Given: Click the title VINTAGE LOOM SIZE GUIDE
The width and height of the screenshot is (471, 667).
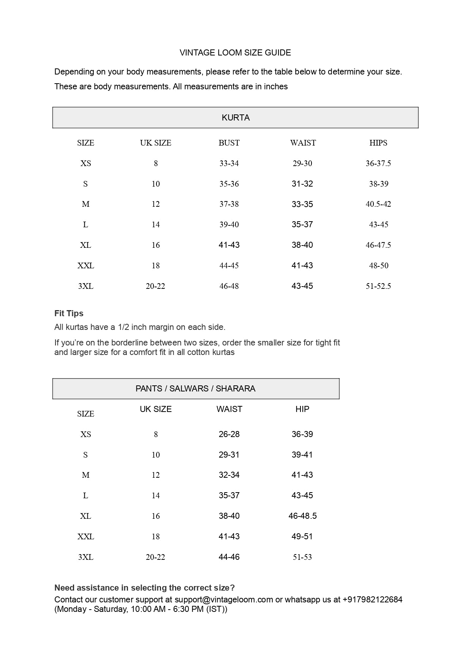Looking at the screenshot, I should [235, 53].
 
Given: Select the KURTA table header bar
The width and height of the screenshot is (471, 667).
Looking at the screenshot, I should [235, 118].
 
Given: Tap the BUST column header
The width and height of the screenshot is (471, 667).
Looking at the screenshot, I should [229, 143].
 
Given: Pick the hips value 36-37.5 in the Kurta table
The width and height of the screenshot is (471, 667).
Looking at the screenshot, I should [378, 163].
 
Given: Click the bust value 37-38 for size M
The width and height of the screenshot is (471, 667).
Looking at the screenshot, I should [229, 204].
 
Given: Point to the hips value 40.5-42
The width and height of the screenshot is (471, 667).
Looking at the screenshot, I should [378, 204].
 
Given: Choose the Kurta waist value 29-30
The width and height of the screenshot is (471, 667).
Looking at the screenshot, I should [302, 163].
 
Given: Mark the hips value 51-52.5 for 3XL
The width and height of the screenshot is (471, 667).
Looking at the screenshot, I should [378, 286].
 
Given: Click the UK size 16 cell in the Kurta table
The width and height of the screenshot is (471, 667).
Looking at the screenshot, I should [156, 245].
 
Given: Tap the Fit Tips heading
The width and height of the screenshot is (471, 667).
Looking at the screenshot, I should [69, 314].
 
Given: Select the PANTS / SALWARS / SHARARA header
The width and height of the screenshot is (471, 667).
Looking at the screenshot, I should [195, 389].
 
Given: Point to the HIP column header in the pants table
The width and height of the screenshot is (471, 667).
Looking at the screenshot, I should [302, 409].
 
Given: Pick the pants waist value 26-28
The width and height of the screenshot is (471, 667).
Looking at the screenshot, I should [229, 434].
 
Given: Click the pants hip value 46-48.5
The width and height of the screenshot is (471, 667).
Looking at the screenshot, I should [302, 516].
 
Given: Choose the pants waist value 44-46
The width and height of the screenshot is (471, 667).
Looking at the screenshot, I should [229, 557].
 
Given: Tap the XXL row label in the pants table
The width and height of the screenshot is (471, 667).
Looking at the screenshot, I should [86, 537].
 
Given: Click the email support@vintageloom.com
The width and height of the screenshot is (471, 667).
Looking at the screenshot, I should [224, 600].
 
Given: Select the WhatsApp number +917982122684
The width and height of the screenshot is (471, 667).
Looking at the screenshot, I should [372, 600].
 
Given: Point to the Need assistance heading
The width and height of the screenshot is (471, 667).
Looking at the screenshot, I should [144, 588].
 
